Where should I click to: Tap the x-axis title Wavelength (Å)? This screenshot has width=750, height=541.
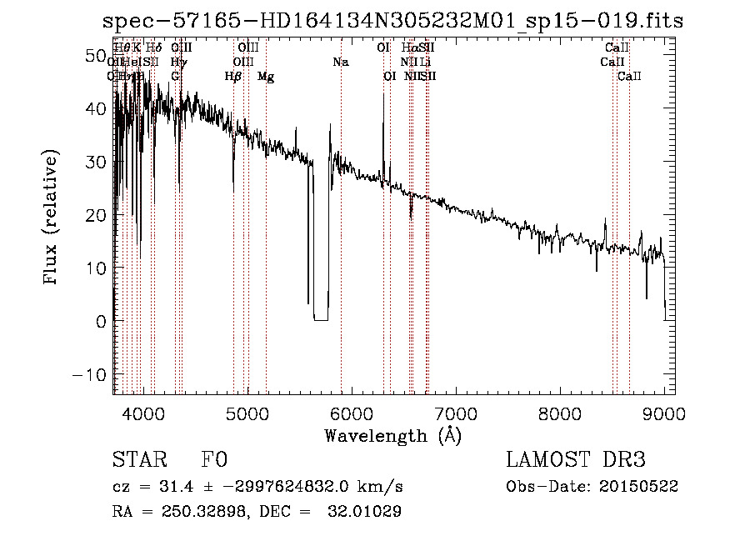(392, 435)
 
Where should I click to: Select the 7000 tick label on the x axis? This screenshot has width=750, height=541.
(456, 412)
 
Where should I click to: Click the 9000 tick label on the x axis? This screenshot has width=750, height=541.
(664, 412)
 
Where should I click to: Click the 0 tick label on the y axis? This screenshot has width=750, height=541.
(100, 321)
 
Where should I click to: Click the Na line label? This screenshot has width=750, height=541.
(340, 63)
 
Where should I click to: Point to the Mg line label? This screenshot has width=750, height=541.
(266, 77)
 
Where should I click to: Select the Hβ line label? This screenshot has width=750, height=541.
(233, 77)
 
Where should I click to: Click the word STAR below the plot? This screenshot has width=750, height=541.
(138, 461)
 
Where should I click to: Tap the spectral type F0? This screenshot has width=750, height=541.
(214, 461)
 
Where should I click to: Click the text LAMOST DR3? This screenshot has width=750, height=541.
(576, 460)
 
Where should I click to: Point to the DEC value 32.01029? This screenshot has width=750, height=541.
(364, 512)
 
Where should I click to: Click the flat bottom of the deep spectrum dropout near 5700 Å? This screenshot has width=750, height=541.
(320, 319)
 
